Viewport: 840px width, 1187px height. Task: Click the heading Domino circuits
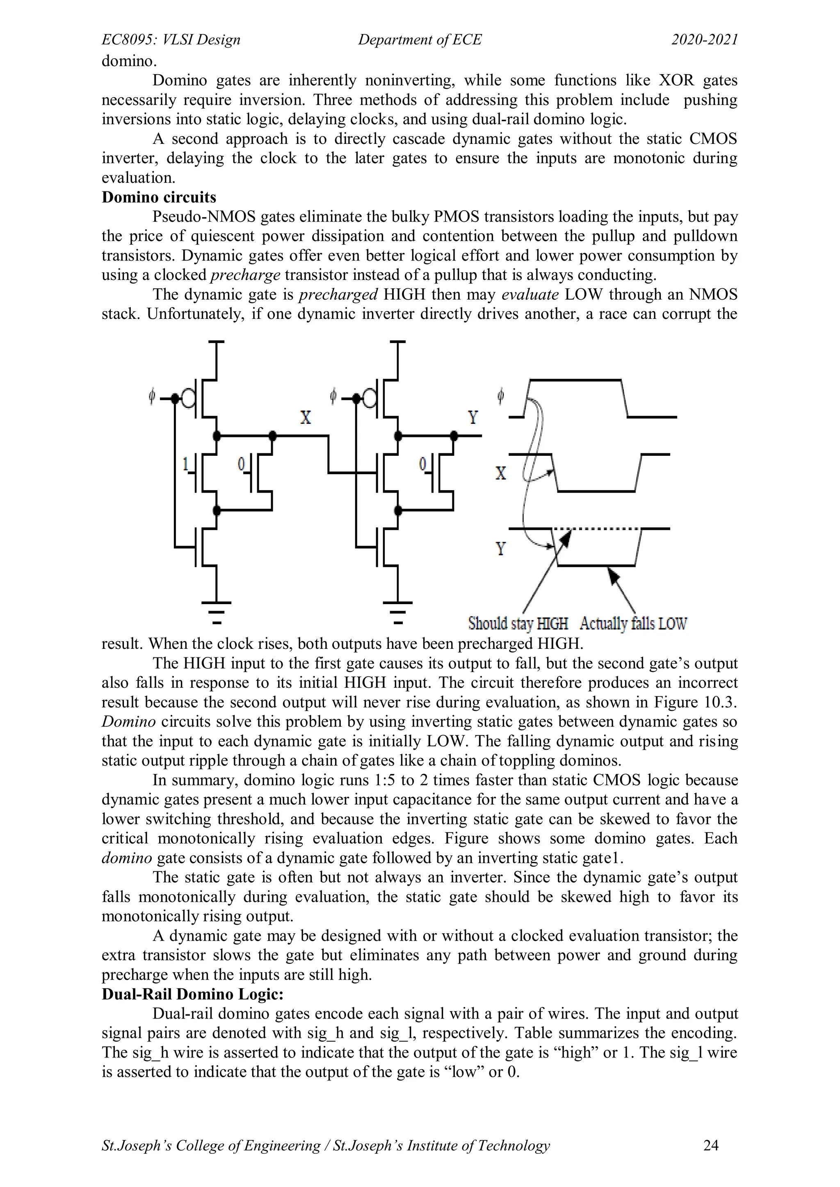coord(159,198)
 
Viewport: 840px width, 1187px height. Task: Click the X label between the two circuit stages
coord(306,417)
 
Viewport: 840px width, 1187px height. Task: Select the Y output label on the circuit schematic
coord(473,417)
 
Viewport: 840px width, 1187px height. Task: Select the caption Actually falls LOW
coord(633,623)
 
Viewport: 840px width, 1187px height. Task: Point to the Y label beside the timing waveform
coord(500,548)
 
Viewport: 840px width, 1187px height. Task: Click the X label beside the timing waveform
coord(500,473)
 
